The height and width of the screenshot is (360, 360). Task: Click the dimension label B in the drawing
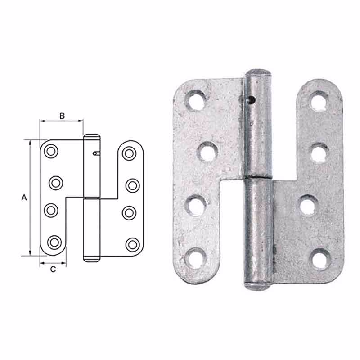(62, 116)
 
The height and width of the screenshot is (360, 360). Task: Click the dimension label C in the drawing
(53, 270)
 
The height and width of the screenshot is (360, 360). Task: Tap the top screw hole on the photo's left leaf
(197, 99)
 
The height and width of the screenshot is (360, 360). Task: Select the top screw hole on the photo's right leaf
(319, 100)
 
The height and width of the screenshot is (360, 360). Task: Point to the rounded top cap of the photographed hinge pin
(258, 73)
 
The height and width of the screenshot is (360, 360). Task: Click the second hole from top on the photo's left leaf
(207, 152)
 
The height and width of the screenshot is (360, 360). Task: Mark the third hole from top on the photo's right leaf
(308, 206)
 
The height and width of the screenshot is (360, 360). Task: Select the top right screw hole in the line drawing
(130, 153)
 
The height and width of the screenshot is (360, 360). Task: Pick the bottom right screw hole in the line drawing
(131, 244)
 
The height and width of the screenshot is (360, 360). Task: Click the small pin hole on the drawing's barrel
(95, 153)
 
